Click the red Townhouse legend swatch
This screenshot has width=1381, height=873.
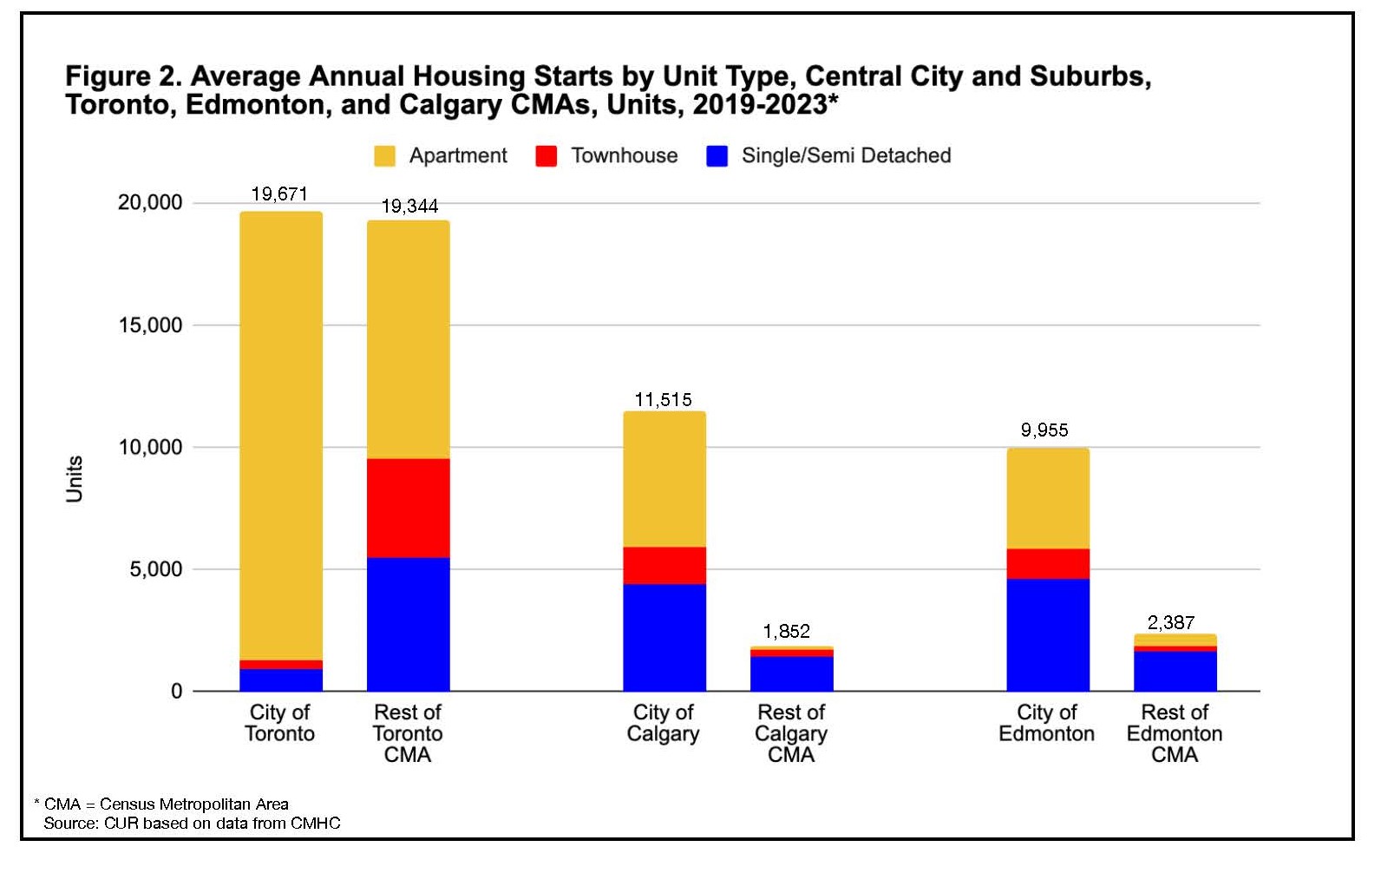pos(546,156)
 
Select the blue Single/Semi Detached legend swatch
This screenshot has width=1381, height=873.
pos(717,156)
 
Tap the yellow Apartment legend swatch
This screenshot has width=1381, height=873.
pos(384,156)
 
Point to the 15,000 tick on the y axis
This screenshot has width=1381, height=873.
pos(150,325)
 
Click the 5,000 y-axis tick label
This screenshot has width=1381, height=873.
pos(156,569)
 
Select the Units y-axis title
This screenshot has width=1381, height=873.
pos(75,478)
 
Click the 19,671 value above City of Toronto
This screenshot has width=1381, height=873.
pos(279,194)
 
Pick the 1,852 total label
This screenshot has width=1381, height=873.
pos(787,631)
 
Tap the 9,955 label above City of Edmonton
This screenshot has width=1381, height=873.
pos(1044,430)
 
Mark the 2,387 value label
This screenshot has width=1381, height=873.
pos(1171,622)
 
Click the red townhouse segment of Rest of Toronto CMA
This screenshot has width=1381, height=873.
pos(408,508)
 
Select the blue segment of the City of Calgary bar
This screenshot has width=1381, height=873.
pos(664,637)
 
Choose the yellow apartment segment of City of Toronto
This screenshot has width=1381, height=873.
pos(281,434)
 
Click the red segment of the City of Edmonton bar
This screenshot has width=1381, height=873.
pos(1048,563)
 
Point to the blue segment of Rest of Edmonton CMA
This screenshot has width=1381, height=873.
pos(1175,671)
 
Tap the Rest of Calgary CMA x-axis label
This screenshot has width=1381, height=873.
pos(791,733)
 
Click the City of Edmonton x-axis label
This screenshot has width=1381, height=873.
pos(1046,723)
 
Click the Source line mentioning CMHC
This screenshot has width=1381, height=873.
pos(192,823)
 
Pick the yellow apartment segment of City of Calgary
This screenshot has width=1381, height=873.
pos(664,479)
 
